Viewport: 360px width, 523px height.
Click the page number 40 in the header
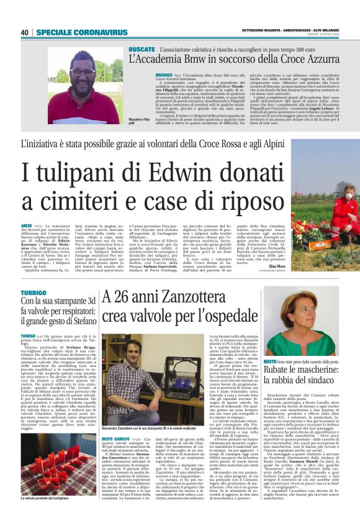[25, 32]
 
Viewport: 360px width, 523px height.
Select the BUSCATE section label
[142, 48]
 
